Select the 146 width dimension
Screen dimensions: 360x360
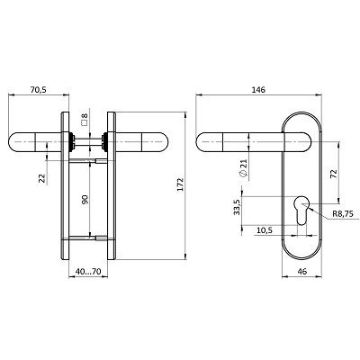point(259,90)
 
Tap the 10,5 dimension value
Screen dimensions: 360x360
point(266,230)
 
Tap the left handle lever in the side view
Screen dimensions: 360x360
point(36,141)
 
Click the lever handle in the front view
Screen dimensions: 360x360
point(243,141)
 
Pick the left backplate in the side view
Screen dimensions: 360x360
point(66,189)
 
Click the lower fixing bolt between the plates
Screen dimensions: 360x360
point(88,238)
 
